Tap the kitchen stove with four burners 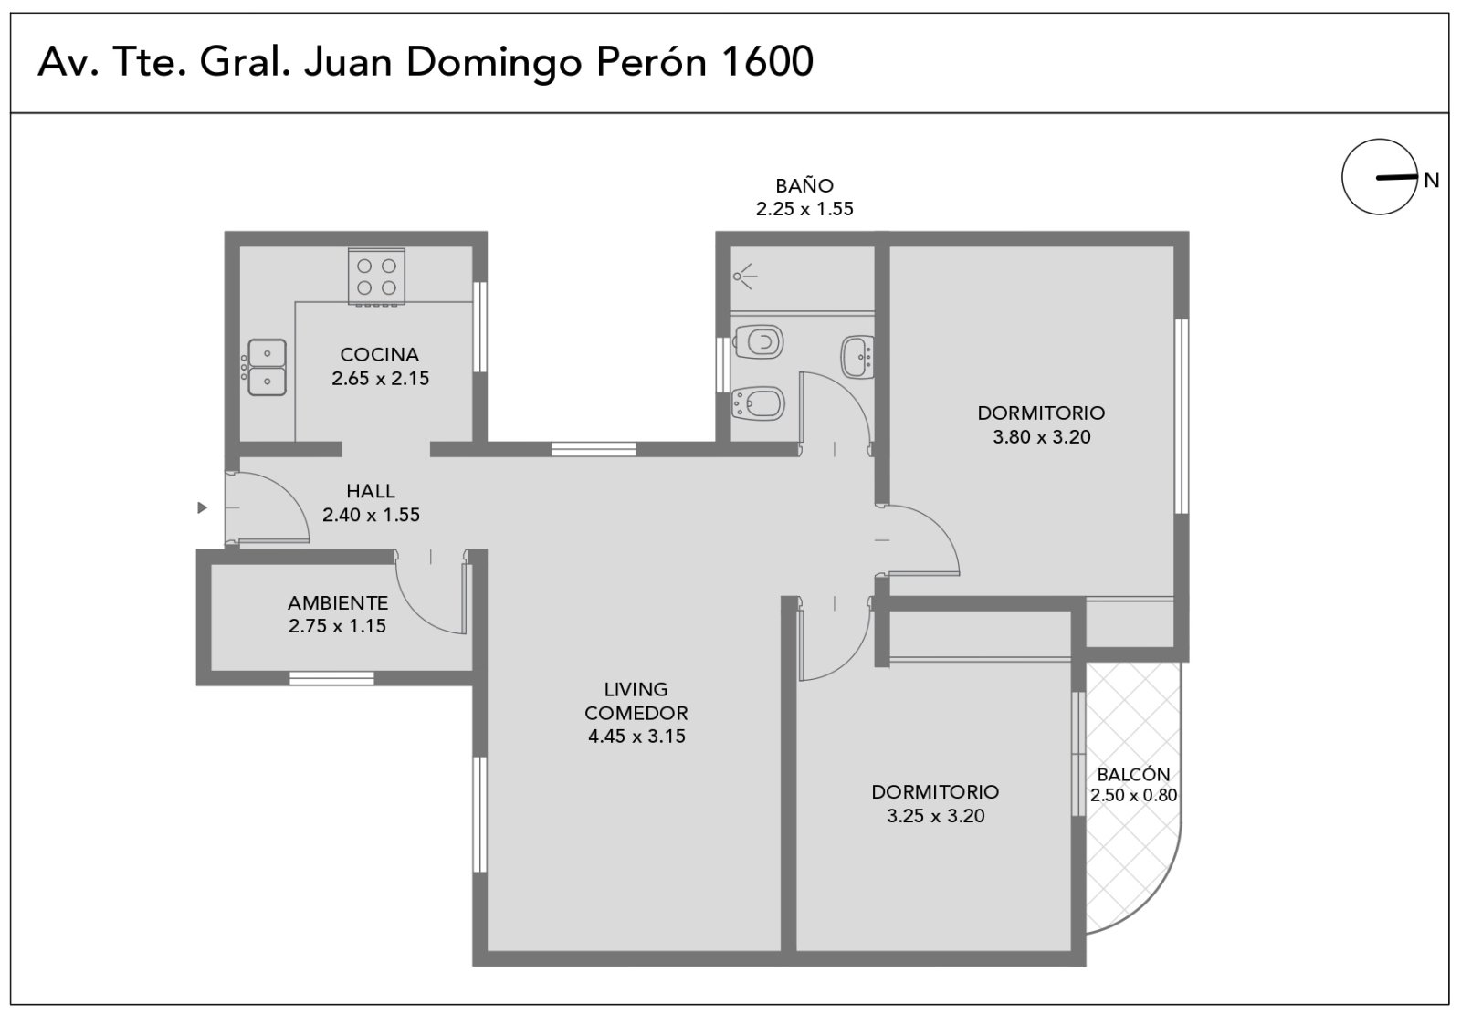tap(376, 277)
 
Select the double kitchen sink tap(267, 367)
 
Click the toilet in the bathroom tap(758, 341)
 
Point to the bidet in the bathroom tap(757, 403)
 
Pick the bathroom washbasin tap(857, 357)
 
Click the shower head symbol tap(744, 277)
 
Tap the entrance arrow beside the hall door tap(202, 507)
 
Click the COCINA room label tap(380, 355)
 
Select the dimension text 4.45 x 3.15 tap(636, 737)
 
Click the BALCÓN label tap(1133, 774)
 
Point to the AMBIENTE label tap(338, 602)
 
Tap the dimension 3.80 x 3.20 tap(1042, 437)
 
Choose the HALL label tap(371, 490)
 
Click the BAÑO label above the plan tap(804, 185)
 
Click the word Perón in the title tap(652, 61)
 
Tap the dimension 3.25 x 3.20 tap(935, 816)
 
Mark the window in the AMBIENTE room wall tap(332, 678)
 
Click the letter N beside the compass tap(1432, 181)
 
